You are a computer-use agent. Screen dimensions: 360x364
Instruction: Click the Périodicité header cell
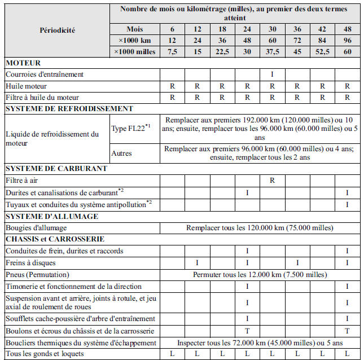[x=58, y=30]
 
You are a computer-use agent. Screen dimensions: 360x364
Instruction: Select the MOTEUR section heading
[x=23, y=63]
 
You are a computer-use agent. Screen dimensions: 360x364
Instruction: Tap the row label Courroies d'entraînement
[x=45, y=74]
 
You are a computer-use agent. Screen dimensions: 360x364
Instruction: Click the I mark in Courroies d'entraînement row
[x=272, y=74]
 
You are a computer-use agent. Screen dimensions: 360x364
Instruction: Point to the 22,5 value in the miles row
[x=222, y=52]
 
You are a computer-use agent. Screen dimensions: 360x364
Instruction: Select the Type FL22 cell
[x=131, y=129]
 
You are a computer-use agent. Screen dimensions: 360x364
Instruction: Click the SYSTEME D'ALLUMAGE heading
[x=52, y=216]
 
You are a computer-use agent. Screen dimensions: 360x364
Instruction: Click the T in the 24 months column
[x=247, y=331]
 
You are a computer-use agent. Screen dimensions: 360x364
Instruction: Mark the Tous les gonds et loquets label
[x=45, y=354]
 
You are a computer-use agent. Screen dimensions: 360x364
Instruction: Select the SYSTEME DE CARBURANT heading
[x=56, y=168]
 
